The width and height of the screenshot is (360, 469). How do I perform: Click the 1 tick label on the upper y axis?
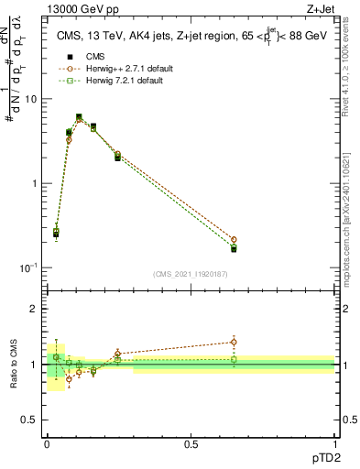[35, 183]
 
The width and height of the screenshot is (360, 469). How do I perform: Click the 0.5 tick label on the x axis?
[191, 444]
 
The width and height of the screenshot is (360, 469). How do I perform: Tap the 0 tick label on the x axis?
[46, 444]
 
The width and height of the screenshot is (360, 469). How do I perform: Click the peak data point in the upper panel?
[79, 117]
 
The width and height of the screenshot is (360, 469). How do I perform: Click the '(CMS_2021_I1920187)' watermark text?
[190, 274]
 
